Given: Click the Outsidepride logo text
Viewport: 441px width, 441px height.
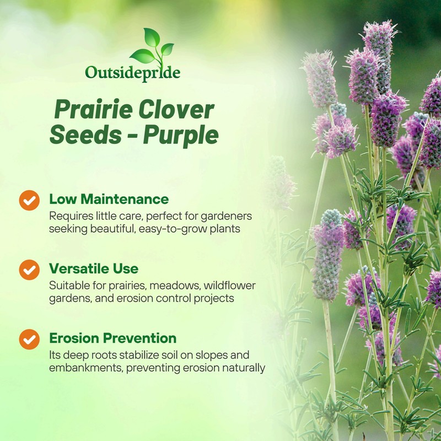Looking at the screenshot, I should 132,73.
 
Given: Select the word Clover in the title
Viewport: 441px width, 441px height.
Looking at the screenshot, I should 176,110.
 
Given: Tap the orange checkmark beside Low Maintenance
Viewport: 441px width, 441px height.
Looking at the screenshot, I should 29,200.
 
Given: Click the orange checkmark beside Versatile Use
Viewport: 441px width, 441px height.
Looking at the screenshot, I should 29,270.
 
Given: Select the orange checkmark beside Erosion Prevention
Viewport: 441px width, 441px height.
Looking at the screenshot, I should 29,339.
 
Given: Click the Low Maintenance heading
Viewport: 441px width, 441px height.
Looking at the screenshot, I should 109,198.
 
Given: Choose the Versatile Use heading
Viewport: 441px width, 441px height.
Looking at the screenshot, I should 94,268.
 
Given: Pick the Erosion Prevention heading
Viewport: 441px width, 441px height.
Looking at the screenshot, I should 113,338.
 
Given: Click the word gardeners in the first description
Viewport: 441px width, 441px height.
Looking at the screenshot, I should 228,216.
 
